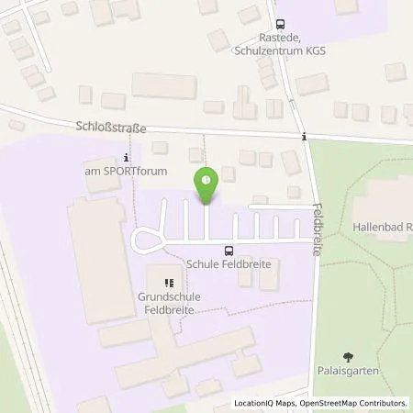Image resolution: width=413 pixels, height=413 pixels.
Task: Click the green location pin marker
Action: [x=206, y=184]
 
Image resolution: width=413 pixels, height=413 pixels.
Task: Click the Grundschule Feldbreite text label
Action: [x=170, y=305]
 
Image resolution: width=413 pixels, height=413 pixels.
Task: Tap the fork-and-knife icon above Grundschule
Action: [x=168, y=283]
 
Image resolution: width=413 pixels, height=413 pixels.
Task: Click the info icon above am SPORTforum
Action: [x=126, y=157]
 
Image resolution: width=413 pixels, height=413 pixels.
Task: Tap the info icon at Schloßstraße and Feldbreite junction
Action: [x=304, y=137]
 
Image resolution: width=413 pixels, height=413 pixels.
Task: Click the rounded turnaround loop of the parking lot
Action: [x=144, y=240]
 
